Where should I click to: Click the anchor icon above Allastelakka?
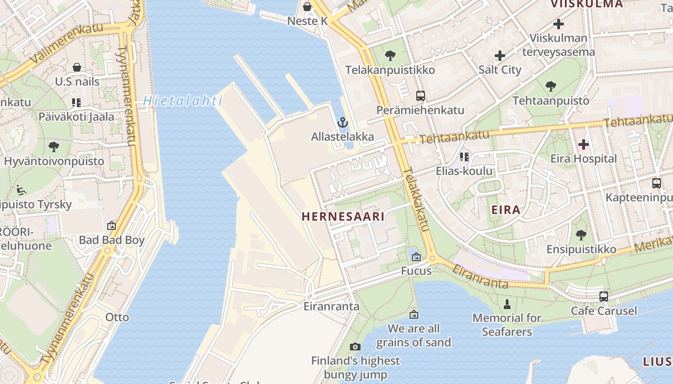(x=342, y=122)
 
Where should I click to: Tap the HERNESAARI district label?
(x=343, y=216)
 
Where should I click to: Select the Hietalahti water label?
(x=183, y=101)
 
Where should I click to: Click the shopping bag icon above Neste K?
(x=307, y=7)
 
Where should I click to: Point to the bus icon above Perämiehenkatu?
(x=421, y=96)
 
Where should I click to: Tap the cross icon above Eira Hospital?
(x=583, y=144)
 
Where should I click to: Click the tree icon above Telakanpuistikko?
(x=390, y=56)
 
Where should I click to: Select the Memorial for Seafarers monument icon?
(x=507, y=304)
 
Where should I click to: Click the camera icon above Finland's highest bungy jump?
(x=355, y=347)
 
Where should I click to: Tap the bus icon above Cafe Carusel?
(x=604, y=297)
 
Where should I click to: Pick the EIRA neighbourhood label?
(x=506, y=210)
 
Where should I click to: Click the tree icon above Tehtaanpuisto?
(x=551, y=86)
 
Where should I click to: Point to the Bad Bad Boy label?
(x=112, y=240)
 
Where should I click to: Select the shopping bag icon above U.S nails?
(x=77, y=67)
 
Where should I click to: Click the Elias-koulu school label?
(x=464, y=171)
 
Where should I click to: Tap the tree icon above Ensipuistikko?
(x=581, y=235)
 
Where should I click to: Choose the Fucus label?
(x=416, y=271)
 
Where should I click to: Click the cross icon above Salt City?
(x=500, y=56)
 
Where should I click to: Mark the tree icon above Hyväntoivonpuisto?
(x=54, y=146)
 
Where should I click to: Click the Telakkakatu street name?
(x=415, y=199)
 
